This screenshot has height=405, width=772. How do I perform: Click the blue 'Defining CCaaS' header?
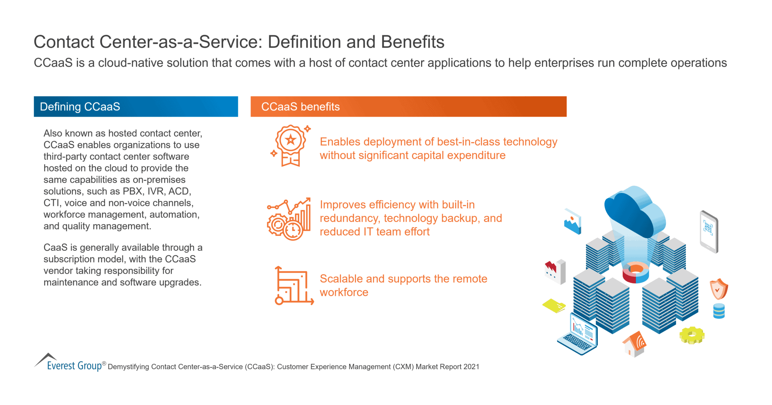pos(136,106)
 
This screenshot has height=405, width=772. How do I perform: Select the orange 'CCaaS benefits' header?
pos(408,106)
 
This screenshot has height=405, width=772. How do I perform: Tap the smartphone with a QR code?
pos(709,231)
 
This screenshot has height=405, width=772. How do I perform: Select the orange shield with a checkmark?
pos(718,289)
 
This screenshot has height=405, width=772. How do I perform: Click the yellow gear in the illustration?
pos(692,335)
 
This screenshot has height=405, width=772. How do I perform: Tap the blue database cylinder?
pos(719,311)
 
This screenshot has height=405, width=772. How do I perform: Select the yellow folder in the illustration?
pos(554,305)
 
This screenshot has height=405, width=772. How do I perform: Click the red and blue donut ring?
pos(636,273)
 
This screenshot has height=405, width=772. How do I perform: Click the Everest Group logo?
pos(70,363)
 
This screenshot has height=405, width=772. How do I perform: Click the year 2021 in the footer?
pos(471,367)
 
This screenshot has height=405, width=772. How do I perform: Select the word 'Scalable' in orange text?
pos(341,279)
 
